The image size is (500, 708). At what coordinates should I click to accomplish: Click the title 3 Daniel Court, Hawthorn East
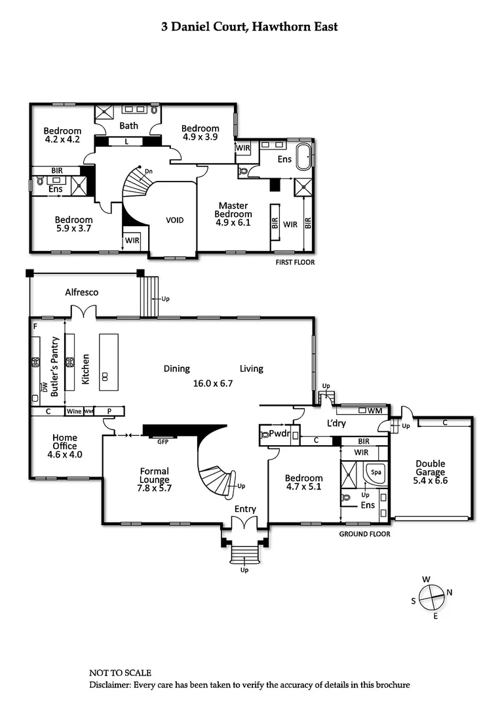[x=250, y=27]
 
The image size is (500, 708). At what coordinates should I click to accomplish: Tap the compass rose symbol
[x=431, y=597]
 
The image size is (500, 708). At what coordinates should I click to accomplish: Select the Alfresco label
[x=81, y=292]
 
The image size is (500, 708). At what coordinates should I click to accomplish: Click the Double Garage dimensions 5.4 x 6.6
[x=430, y=481]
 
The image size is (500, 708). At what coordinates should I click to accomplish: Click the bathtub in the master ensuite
[x=302, y=158]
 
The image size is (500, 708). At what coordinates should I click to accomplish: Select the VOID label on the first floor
[x=174, y=220]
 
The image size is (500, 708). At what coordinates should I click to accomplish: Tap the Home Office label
[x=65, y=442]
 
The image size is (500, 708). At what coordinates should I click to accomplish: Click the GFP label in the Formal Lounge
[x=163, y=442]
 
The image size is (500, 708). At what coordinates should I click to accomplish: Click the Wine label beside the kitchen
[x=74, y=412]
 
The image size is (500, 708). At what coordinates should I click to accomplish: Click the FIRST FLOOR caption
[x=294, y=262]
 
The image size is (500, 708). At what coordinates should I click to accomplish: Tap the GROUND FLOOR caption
[x=364, y=534]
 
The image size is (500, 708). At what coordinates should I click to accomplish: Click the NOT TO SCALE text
[x=120, y=673]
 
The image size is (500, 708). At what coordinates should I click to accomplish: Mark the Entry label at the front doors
[x=245, y=509]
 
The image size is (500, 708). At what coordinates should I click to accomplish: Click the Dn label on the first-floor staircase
[x=149, y=172]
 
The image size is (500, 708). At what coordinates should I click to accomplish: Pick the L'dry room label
[x=336, y=423]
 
